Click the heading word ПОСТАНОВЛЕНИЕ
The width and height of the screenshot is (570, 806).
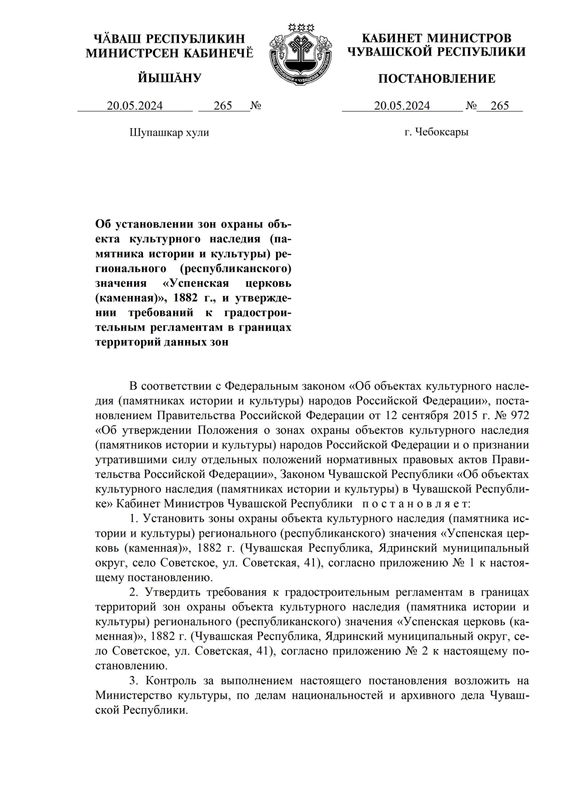[437, 78]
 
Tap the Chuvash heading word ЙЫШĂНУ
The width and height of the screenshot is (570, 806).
[170, 78]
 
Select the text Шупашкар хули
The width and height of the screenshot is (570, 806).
[169, 133]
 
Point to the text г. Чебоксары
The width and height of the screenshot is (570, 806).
[437, 132]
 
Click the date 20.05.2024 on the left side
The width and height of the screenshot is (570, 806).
[134, 106]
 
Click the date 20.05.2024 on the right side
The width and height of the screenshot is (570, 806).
[402, 106]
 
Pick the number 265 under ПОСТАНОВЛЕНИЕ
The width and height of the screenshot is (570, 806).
[500, 106]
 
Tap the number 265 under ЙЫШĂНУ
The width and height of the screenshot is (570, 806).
[223, 106]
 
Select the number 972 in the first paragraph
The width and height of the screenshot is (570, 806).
[518, 415]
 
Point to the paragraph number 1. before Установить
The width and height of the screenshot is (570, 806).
[134, 518]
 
